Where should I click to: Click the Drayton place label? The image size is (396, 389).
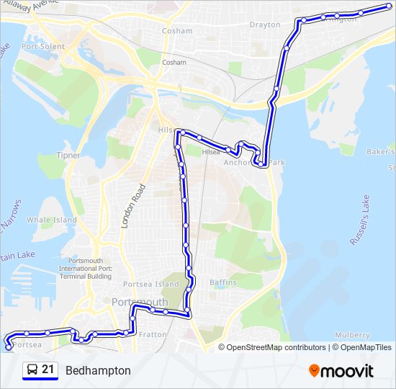265,24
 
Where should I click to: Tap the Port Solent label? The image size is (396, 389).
43,47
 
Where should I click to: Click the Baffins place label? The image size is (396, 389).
222,283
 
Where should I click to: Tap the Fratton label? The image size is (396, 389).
152,334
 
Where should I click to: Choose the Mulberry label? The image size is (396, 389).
353,336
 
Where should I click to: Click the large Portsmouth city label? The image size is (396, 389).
140,302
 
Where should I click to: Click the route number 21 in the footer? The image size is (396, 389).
48,370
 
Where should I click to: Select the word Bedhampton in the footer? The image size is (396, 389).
98,371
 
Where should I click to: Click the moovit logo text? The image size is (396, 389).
348,371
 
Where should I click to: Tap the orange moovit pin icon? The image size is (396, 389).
315,370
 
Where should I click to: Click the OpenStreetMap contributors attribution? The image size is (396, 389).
276,347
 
